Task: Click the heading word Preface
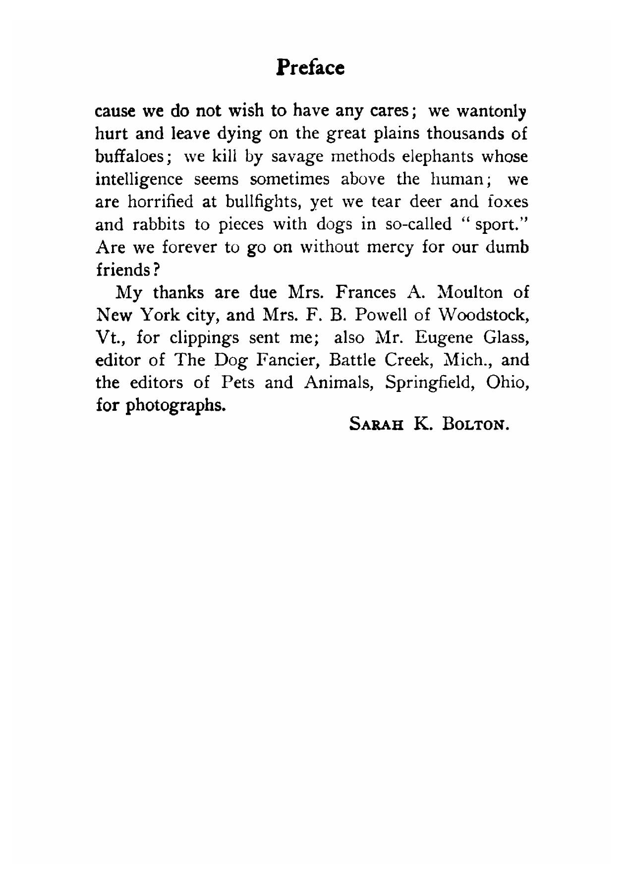point(310,67)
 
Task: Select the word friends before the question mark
point(123,270)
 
